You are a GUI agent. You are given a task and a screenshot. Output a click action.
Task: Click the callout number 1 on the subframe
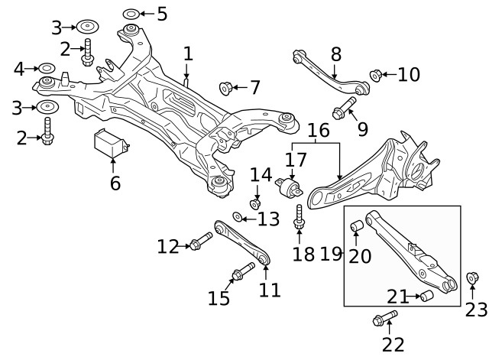[x=188, y=54]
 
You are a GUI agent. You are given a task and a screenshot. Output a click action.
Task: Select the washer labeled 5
[x=131, y=14]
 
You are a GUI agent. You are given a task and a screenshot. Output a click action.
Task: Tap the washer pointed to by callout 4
[x=46, y=70]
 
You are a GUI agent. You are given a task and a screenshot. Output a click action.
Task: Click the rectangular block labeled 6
[x=111, y=144]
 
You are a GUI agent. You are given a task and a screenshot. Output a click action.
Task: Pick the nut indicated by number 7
[x=226, y=87]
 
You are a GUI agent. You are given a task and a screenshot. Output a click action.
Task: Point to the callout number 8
[x=335, y=54]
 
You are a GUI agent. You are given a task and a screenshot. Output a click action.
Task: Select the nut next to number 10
[x=376, y=75]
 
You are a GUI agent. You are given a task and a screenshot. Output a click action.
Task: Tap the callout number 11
[x=270, y=290]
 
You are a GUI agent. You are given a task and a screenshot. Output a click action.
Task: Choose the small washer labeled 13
[x=238, y=218]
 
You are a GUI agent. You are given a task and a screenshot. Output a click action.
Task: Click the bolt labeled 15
[x=241, y=271]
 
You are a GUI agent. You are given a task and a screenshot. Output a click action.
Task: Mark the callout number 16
[x=318, y=130]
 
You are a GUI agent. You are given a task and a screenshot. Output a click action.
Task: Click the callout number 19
[x=330, y=254]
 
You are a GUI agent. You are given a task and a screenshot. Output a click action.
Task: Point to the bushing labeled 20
[x=356, y=228]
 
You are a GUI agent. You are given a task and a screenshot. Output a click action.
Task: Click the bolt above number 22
[x=386, y=316]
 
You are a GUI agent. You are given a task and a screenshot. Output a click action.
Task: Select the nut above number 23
[x=471, y=278]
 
